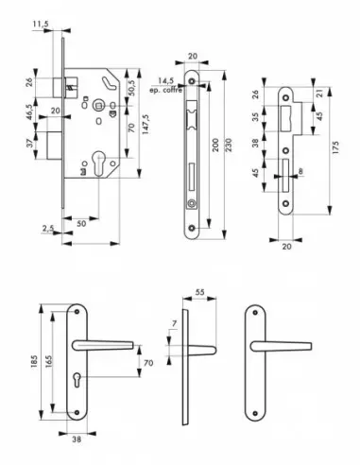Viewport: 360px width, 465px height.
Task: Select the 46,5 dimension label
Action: point(31,110)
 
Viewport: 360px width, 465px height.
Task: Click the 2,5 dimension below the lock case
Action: point(47,228)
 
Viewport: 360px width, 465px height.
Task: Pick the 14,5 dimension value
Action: point(166,81)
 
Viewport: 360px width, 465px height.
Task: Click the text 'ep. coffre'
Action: point(166,91)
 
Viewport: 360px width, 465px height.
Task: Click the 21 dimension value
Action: point(321,92)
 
